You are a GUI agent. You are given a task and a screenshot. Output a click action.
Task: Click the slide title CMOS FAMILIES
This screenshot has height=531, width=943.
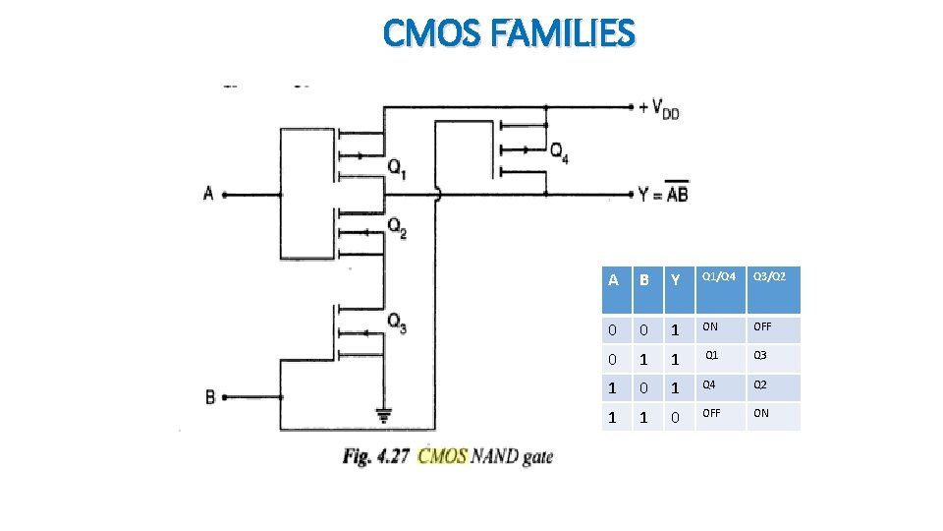(x=509, y=33)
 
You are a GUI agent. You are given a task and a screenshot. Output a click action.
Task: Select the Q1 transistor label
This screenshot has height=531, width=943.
(x=398, y=168)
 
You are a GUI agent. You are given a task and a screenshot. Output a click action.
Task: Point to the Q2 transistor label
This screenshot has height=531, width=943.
(x=398, y=228)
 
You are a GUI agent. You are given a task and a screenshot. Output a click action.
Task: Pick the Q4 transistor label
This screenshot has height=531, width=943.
(x=558, y=151)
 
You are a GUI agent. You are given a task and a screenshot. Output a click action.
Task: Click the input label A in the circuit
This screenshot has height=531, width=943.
(x=208, y=194)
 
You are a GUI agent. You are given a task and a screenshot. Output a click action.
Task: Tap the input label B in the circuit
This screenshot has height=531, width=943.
(x=209, y=397)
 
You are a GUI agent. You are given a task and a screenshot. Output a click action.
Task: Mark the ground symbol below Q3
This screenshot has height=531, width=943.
(x=382, y=414)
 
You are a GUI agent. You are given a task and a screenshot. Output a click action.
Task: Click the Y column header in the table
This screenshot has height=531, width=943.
(x=675, y=280)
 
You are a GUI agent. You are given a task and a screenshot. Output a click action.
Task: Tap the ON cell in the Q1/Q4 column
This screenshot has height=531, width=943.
(x=710, y=326)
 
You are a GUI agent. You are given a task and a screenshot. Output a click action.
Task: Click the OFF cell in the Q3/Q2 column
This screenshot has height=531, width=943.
(x=761, y=326)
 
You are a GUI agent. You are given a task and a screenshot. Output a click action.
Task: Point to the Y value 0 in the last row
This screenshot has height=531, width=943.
(x=675, y=417)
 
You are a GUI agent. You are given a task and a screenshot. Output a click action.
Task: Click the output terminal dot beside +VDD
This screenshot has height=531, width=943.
(x=631, y=107)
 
